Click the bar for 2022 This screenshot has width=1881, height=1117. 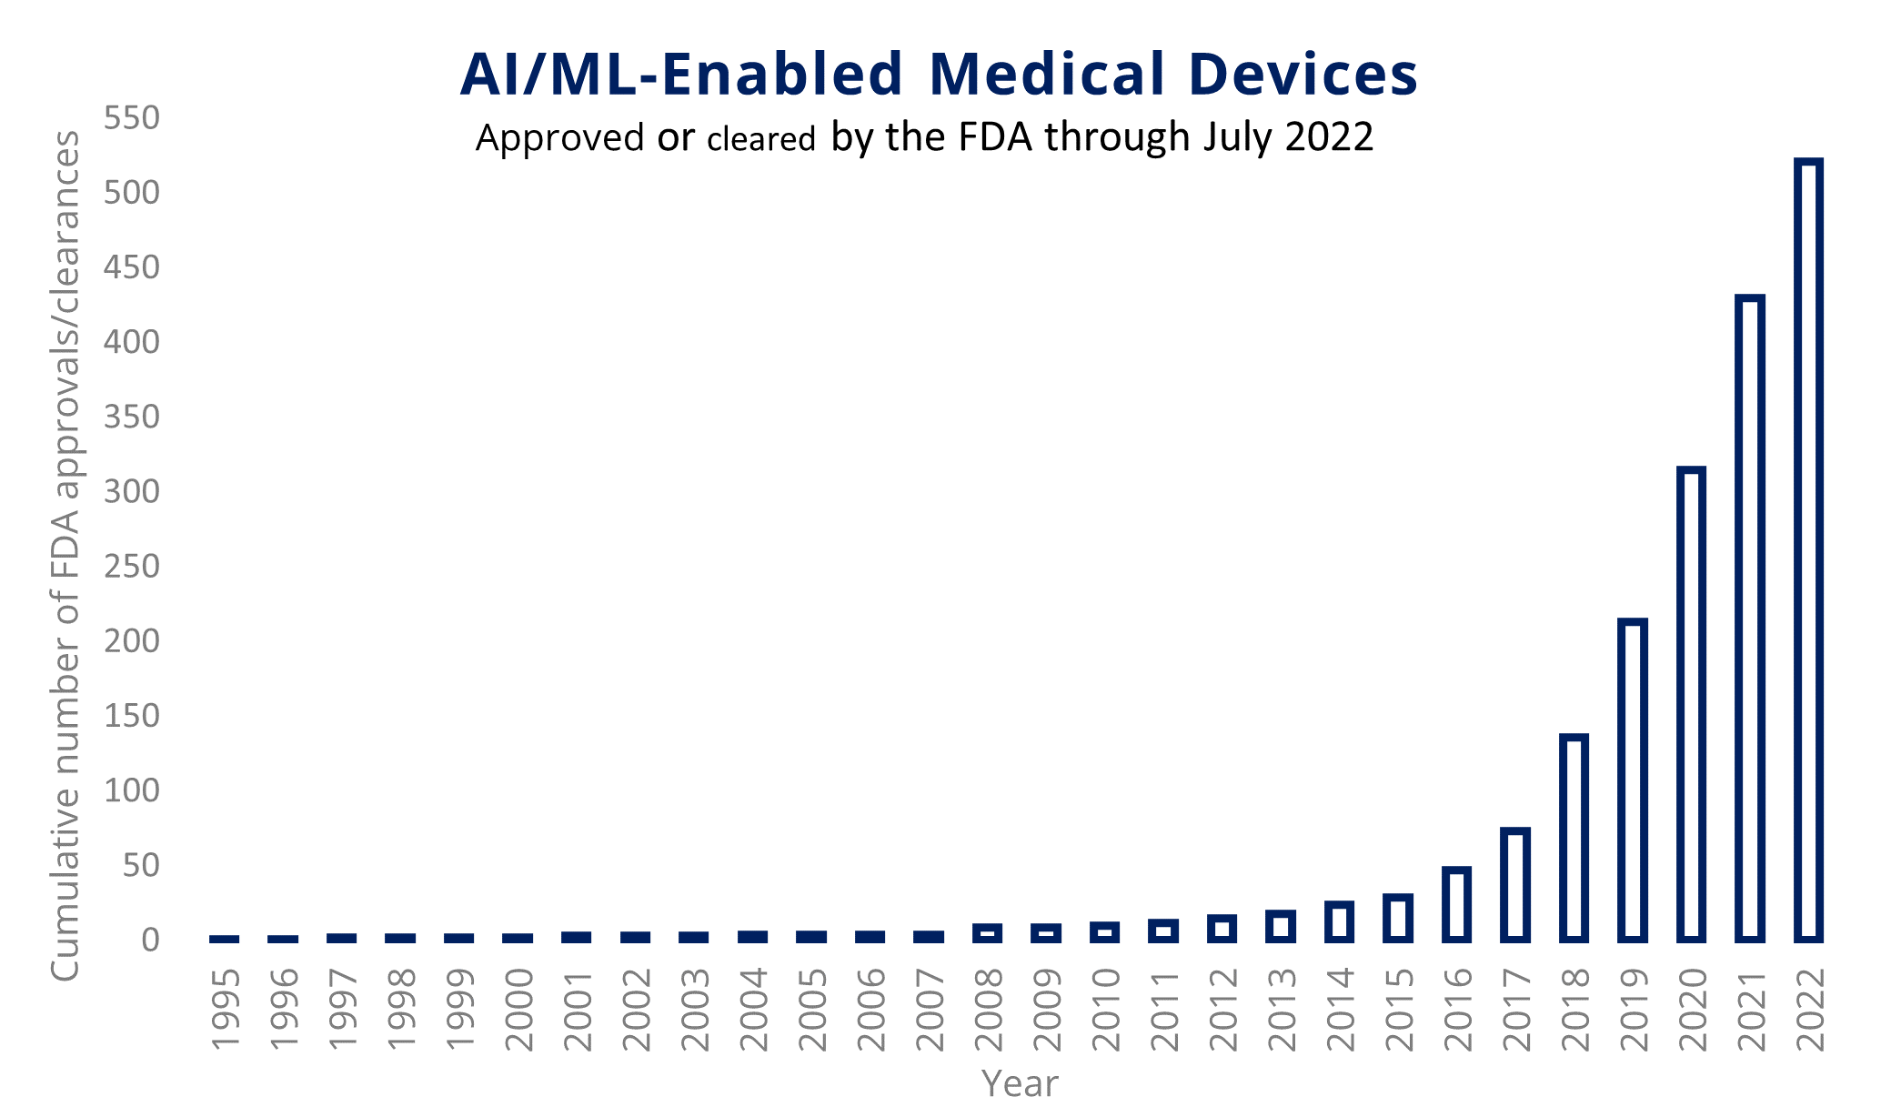(1808, 550)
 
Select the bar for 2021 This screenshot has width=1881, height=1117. (1750, 619)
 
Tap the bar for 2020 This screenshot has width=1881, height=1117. (1691, 704)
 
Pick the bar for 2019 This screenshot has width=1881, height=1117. (1633, 780)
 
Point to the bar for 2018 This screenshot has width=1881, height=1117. (1574, 838)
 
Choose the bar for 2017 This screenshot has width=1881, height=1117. (1515, 884)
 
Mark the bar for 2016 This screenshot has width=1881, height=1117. (1456, 904)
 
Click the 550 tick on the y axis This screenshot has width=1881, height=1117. (132, 118)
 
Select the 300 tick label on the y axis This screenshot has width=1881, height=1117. (132, 492)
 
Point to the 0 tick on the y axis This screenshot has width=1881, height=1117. (151, 940)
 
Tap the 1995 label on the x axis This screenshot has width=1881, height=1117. (225, 1009)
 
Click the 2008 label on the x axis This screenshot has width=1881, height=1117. (988, 1009)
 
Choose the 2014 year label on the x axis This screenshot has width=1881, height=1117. (1340, 1009)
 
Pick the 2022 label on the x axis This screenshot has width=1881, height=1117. (1809, 1009)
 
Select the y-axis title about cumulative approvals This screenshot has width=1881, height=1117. (65, 555)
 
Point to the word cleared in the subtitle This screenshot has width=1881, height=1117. (761, 139)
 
